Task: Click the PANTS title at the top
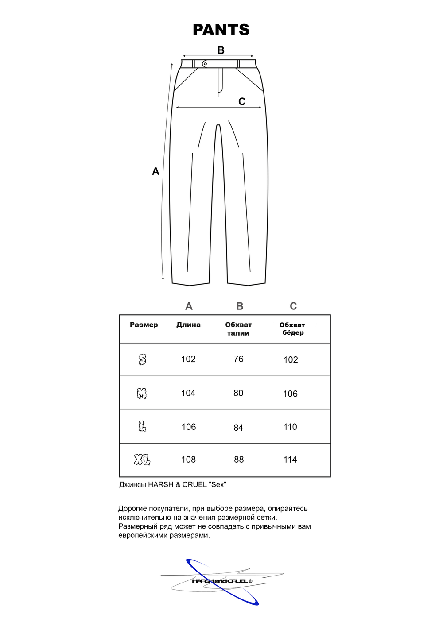pyautogui.click(x=221, y=30)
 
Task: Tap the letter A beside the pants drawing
pyautogui.click(x=155, y=171)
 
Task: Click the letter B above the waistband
pyautogui.click(x=221, y=50)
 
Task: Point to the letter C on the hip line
pyautogui.click(x=242, y=102)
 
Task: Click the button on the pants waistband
pyautogui.click(x=205, y=64)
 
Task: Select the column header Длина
pyautogui.click(x=188, y=325)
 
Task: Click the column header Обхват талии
pyautogui.click(x=238, y=329)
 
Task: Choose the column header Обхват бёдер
pyautogui.click(x=292, y=328)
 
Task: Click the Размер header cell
pyautogui.click(x=144, y=325)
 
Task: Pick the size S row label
pyautogui.click(x=142, y=359)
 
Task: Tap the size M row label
pyautogui.click(x=142, y=394)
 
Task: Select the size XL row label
pyautogui.click(x=142, y=460)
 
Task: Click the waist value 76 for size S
pyautogui.click(x=238, y=359)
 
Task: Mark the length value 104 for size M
pyautogui.click(x=188, y=393)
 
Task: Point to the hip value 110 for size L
pyautogui.click(x=290, y=427)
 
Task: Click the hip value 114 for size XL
pyautogui.click(x=290, y=460)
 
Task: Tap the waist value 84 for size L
pyautogui.click(x=238, y=428)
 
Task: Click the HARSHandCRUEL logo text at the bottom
pyautogui.click(x=222, y=581)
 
